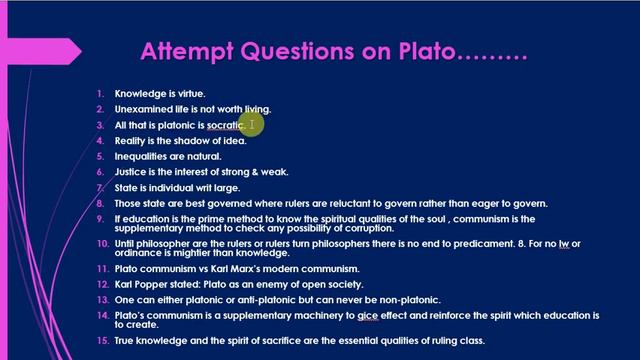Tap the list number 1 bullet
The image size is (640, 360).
(100, 94)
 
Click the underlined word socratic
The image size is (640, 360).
(225, 125)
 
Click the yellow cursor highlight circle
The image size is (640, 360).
(252, 124)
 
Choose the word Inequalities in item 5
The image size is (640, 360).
(143, 156)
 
